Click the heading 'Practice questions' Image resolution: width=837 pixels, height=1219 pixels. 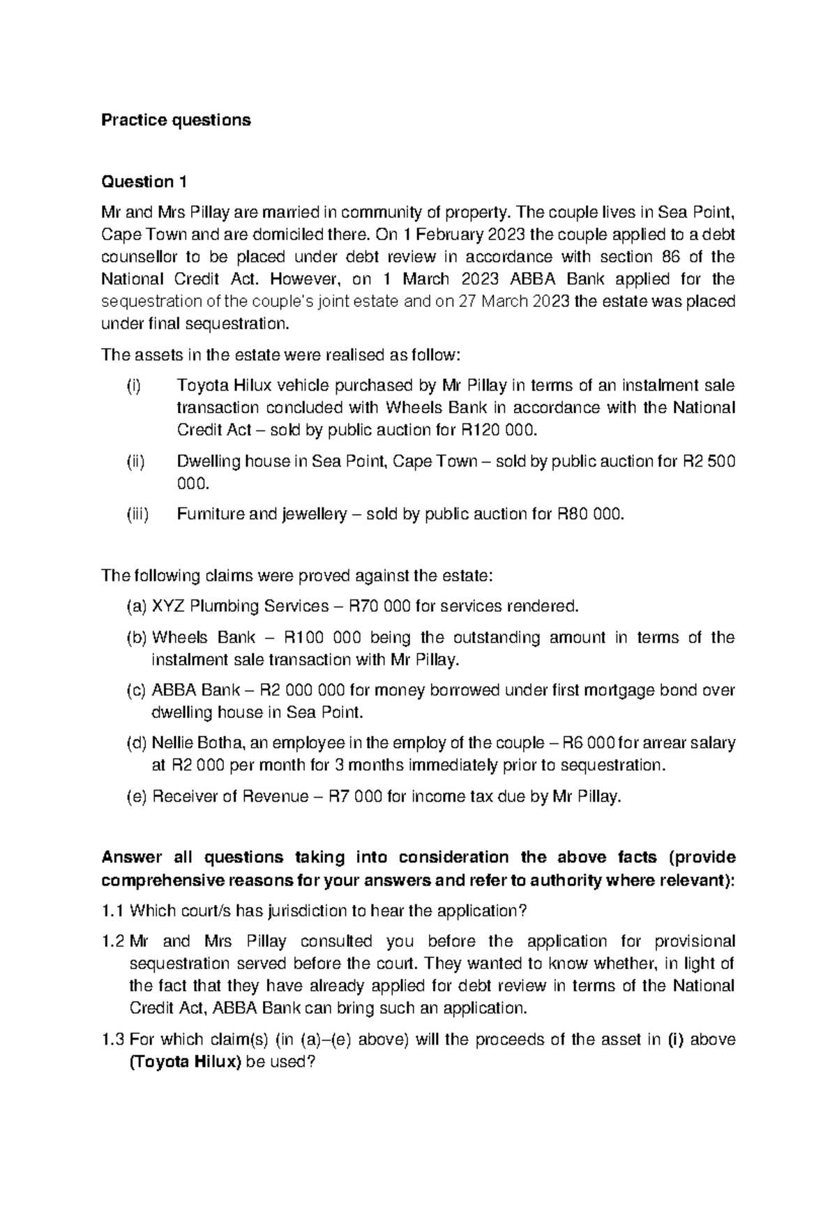coord(176,120)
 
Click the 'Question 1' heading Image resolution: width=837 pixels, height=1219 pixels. coord(144,182)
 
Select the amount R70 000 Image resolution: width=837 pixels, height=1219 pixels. coord(378,606)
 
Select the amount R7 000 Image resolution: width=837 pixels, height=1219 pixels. coord(354,797)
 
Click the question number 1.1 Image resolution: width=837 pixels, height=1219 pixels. coord(113,911)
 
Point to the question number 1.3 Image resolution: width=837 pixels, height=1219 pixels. coord(113,1040)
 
